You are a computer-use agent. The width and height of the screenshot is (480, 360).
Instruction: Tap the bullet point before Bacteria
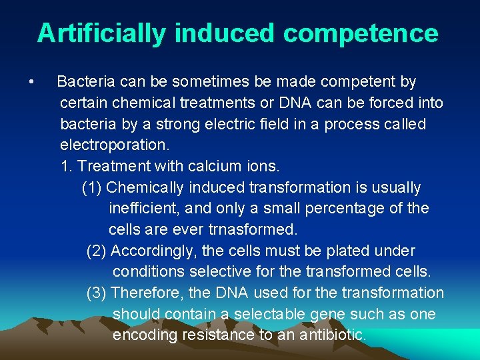[31, 82]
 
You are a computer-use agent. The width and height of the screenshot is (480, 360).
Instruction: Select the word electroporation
[115, 145]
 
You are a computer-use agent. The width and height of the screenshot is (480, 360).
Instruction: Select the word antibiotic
[331, 335]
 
